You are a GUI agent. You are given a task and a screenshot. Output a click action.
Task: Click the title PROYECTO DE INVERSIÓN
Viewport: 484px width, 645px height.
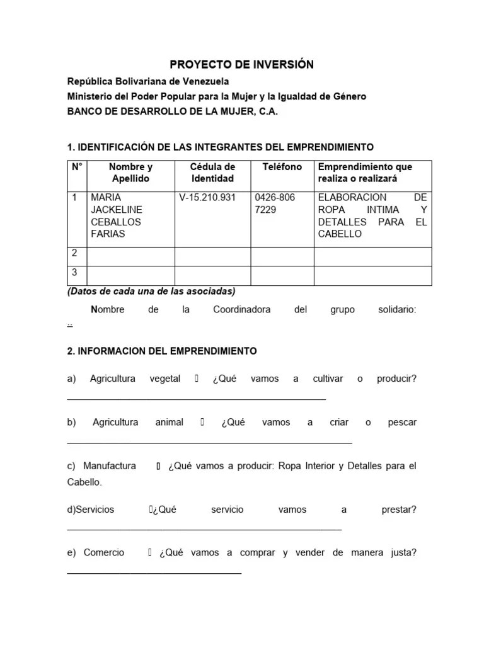click(x=241, y=65)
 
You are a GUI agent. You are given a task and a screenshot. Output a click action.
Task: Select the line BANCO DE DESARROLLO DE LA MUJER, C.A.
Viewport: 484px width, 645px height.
click(x=172, y=111)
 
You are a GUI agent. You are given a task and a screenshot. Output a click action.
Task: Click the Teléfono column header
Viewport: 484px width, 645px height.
click(x=278, y=167)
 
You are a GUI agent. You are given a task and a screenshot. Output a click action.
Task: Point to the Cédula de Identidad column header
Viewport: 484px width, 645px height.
click(x=212, y=173)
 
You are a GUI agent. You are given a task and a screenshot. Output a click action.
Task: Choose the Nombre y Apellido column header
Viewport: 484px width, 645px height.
click(x=130, y=173)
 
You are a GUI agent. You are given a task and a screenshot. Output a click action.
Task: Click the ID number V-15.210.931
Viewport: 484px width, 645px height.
click(x=207, y=198)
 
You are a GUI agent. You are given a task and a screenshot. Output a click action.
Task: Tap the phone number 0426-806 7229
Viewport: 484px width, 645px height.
click(x=274, y=203)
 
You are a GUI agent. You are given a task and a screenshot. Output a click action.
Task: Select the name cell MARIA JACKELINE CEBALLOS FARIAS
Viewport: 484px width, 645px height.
click(x=117, y=215)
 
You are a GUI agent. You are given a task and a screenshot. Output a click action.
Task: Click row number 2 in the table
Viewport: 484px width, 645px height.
click(x=74, y=253)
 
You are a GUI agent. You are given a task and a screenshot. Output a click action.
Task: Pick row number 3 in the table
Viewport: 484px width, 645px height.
click(x=74, y=273)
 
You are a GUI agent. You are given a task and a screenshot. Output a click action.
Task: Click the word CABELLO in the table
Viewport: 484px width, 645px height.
click(x=340, y=234)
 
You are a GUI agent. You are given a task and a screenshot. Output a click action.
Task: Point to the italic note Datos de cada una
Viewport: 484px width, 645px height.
click(x=151, y=291)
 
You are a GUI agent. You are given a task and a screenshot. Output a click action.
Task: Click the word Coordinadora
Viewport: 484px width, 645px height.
click(x=242, y=309)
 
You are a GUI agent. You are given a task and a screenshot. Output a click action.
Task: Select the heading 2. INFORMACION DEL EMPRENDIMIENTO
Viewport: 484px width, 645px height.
click(x=162, y=351)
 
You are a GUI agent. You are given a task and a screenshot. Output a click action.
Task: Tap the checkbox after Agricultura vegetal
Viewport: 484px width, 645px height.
click(x=197, y=379)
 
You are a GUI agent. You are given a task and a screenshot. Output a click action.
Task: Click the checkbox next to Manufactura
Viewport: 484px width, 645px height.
click(x=158, y=466)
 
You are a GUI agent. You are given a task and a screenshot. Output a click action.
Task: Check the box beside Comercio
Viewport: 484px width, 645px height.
click(x=150, y=552)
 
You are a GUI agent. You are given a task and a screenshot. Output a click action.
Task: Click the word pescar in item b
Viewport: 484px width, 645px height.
click(x=402, y=422)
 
